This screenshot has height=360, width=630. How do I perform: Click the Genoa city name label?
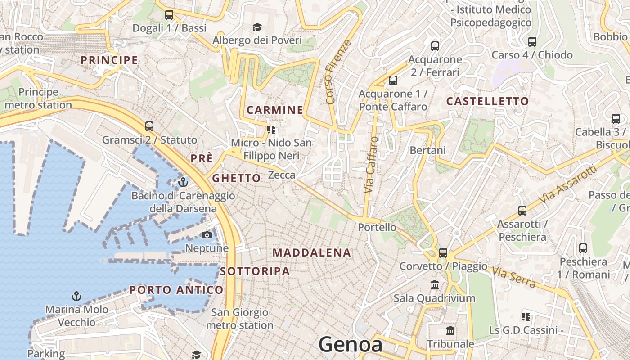click(x=351, y=345)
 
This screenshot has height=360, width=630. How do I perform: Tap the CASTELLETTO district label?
click(x=487, y=101)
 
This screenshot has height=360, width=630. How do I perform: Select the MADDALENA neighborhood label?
click(x=311, y=253)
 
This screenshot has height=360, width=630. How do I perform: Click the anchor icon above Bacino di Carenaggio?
click(x=183, y=183)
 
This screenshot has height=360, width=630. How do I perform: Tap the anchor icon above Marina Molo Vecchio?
click(x=76, y=296)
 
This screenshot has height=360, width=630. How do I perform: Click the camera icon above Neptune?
click(x=207, y=235)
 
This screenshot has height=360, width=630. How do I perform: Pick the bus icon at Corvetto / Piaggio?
click(x=443, y=253)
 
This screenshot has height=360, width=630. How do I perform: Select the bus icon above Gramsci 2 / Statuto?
click(x=149, y=126)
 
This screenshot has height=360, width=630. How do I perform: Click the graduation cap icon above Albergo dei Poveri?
click(x=257, y=27)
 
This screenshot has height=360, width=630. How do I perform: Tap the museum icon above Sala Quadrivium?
click(x=435, y=285)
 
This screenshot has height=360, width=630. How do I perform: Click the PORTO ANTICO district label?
click(x=176, y=290)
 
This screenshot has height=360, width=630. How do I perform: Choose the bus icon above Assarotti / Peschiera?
click(x=522, y=211)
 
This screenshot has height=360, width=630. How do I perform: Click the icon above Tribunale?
click(x=450, y=331)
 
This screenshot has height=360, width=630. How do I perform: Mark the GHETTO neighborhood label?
click(x=236, y=178)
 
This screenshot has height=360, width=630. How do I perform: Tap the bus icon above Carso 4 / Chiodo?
click(x=532, y=42)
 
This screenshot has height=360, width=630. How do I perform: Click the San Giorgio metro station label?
click(x=240, y=319)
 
